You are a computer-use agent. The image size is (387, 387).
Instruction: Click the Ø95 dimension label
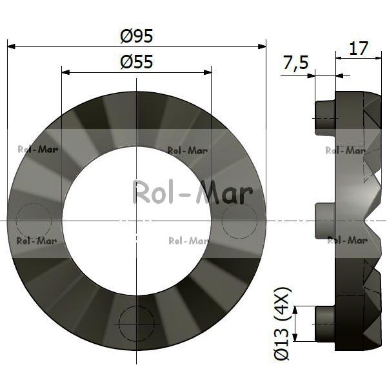tap(137, 36)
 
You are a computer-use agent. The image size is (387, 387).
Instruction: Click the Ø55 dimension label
tap(137, 62)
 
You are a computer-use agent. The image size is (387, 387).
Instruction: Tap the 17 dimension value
tap(359, 48)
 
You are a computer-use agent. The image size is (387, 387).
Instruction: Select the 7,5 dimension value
tap(295, 63)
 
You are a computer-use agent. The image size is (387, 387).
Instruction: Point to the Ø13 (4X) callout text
tap(281, 324)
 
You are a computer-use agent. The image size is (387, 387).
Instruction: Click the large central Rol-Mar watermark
tap(193, 193)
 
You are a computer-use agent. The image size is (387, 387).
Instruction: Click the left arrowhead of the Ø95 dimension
tap(12, 46)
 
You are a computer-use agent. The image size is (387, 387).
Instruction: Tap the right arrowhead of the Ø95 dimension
tap(262, 46)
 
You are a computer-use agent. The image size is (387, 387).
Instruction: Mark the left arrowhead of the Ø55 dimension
tap(65, 72)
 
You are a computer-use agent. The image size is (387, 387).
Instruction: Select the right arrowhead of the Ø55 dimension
tap(208, 72)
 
